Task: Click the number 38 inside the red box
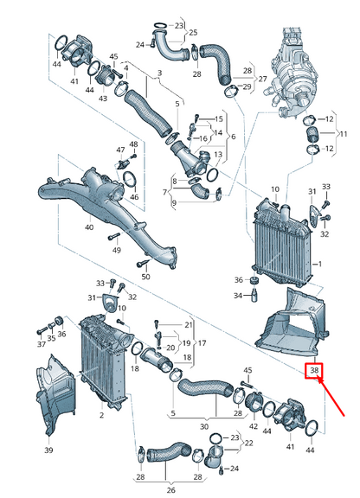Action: click(x=314, y=370)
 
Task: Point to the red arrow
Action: click(x=331, y=395)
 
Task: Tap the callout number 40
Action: click(x=89, y=227)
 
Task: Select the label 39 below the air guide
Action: click(x=48, y=450)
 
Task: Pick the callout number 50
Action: click(x=145, y=277)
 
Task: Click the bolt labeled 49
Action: click(x=114, y=237)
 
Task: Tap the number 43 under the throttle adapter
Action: click(x=102, y=99)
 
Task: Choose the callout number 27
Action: click(x=262, y=78)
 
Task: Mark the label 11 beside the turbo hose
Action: click(x=344, y=134)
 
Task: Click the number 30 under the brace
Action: click(x=204, y=426)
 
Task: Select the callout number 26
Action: click(x=170, y=490)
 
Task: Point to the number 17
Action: click(x=202, y=343)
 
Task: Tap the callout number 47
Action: click(x=120, y=150)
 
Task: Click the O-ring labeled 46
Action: click(x=130, y=180)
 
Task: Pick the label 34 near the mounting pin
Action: click(x=238, y=296)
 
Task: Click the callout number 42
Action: click(x=254, y=426)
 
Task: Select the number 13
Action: click(x=218, y=155)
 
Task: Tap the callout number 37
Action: click(x=42, y=343)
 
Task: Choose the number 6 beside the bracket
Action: click(x=234, y=137)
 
